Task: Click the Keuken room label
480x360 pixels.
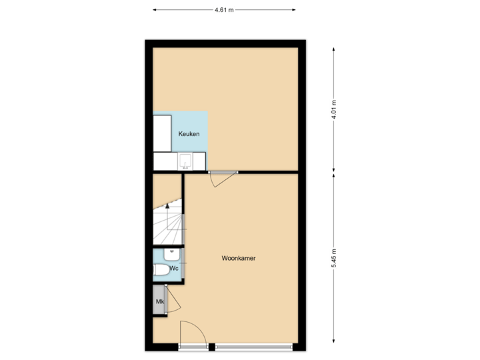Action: [x=189, y=134]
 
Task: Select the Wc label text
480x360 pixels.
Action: [x=173, y=268]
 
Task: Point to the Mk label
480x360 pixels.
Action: [x=159, y=302]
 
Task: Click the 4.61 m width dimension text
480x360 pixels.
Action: [x=224, y=10]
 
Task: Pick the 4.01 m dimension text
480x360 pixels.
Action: [x=334, y=109]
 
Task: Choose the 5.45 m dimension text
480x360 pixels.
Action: [x=334, y=258]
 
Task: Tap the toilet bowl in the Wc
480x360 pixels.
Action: [x=161, y=269]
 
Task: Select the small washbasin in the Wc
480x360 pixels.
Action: [x=172, y=253]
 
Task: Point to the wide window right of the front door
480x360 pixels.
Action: [x=253, y=347]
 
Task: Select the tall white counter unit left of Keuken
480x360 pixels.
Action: [x=163, y=133]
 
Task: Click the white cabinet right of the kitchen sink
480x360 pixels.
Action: [x=199, y=161]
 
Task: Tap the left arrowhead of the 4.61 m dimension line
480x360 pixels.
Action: [x=155, y=10]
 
